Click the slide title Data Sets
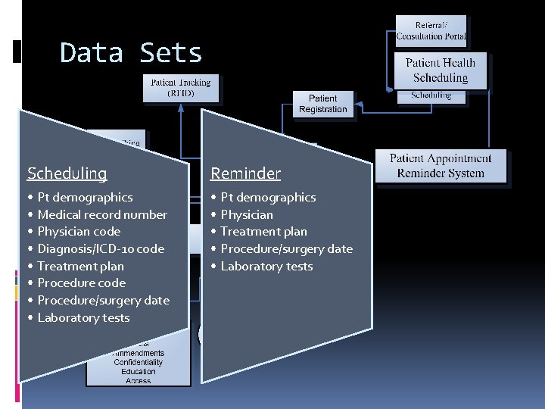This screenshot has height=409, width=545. pyautogui.click(x=131, y=53)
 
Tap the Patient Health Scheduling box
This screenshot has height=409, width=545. pyautogui.click(x=441, y=70)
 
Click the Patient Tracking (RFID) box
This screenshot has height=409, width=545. pyautogui.click(x=182, y=88)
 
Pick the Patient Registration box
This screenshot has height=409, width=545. pyautogui.click(x=323, y=104)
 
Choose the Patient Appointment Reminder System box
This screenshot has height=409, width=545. pyautogui.click(x=441, y=166)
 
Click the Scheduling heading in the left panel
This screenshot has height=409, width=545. pyautogui.click(x=67, y=173)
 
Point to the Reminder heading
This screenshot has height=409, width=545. pyautogui.click(x=245, y=173)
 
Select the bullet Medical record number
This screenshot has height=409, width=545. pyautogui.click(x=102, y=214)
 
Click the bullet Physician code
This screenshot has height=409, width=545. pyautogui.click(x=79, y=232)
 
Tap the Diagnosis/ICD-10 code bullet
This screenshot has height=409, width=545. pyautogui.click(x=101, y=248)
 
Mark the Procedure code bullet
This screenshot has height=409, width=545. pyautogui.click(x=82, y=283)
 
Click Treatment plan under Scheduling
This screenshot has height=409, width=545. pyautogui.click(x=80, y=266)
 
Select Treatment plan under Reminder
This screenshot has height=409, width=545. pyautogui.click(x=263, y=232)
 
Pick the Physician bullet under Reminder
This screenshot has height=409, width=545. pyautogui.click(x=247, y=214)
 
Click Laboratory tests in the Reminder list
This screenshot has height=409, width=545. pyautogui.click(x=266, y=266)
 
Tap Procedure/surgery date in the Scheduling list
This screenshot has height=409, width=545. pyautogui.click(x=103, y=301)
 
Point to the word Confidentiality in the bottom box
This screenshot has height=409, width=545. pyautogui.click(x=139, y=362)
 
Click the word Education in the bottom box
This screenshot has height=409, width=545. pyautogui.click(x=139, y=371)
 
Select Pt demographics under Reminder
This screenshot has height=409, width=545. pyautogui.click(x=268, y=197)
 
